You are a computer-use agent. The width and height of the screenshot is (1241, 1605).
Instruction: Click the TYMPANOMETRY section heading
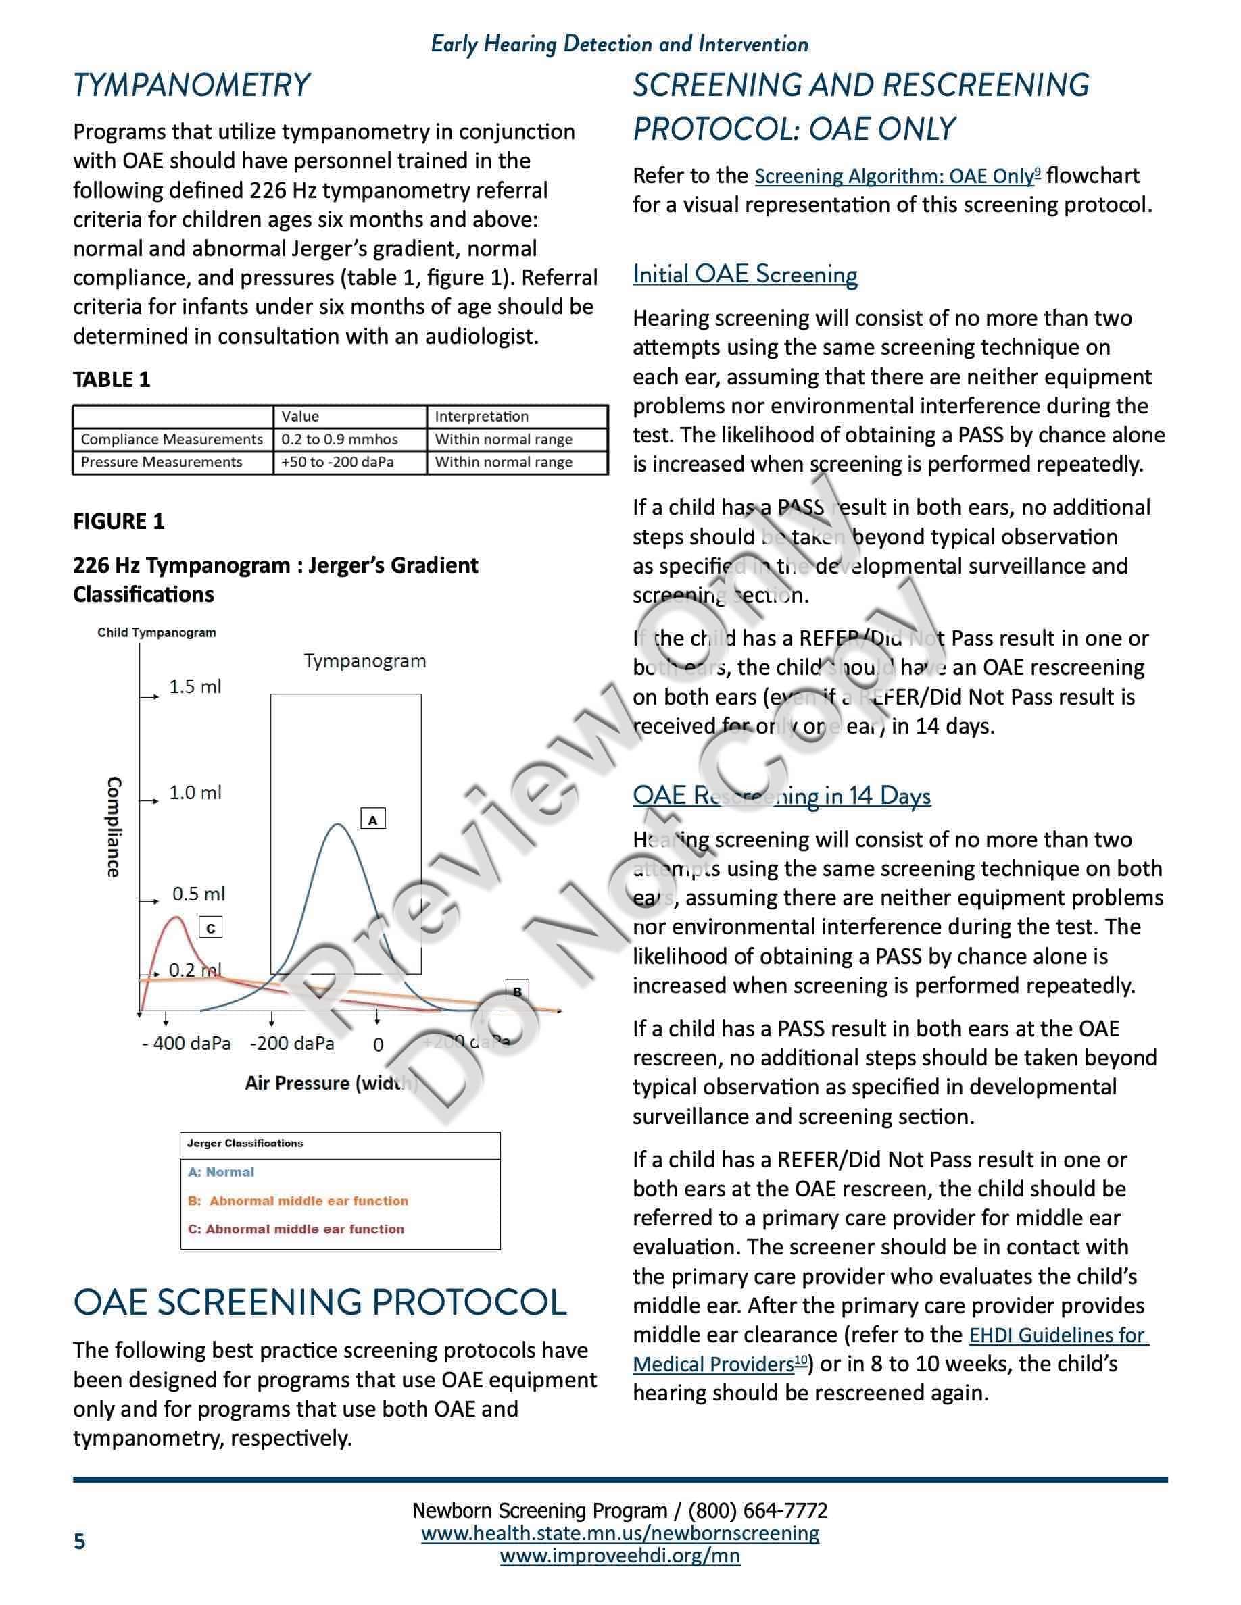[191, 85]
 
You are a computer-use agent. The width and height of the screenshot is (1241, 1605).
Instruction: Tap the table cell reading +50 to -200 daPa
[337, 462]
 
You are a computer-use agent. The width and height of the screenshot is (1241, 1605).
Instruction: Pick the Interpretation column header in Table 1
[481, 417]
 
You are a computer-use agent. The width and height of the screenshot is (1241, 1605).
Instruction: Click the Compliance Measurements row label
[171, 440]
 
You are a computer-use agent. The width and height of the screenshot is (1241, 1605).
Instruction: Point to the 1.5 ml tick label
[195, 686]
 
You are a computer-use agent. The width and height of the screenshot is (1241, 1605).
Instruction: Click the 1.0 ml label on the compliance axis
[195, 793]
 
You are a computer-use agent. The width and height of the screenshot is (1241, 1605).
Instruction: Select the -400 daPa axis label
[186, 1044]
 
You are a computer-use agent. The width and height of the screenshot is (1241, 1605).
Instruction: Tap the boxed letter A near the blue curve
[372, 819]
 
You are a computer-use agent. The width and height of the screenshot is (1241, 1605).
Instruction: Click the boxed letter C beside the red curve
[211, 928]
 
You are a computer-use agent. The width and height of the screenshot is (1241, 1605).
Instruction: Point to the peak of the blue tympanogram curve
[337, 825]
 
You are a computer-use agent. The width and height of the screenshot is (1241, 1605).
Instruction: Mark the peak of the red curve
[177, 917]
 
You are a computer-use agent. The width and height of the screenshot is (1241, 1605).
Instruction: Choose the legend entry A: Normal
[220, 1172]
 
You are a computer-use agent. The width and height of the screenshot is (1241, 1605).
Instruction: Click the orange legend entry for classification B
[298, 1201]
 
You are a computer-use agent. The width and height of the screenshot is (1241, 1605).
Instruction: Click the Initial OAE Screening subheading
[745, 274]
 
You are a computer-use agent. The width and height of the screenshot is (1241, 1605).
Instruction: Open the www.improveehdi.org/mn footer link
[620, 1556]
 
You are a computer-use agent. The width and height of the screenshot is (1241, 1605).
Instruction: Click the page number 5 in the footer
[79, 1541]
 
